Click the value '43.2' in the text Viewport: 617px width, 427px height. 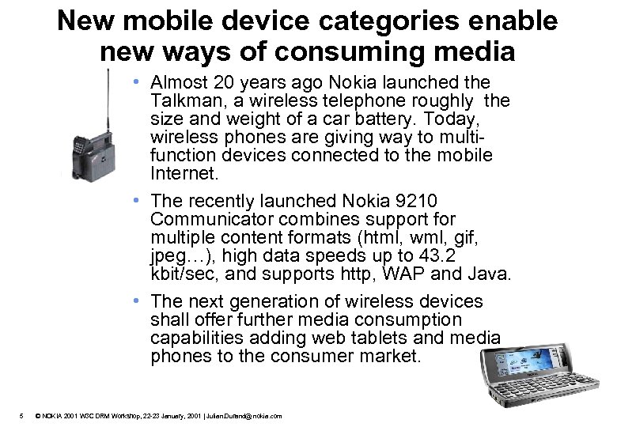482,255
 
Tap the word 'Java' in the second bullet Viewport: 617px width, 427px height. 491,274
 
